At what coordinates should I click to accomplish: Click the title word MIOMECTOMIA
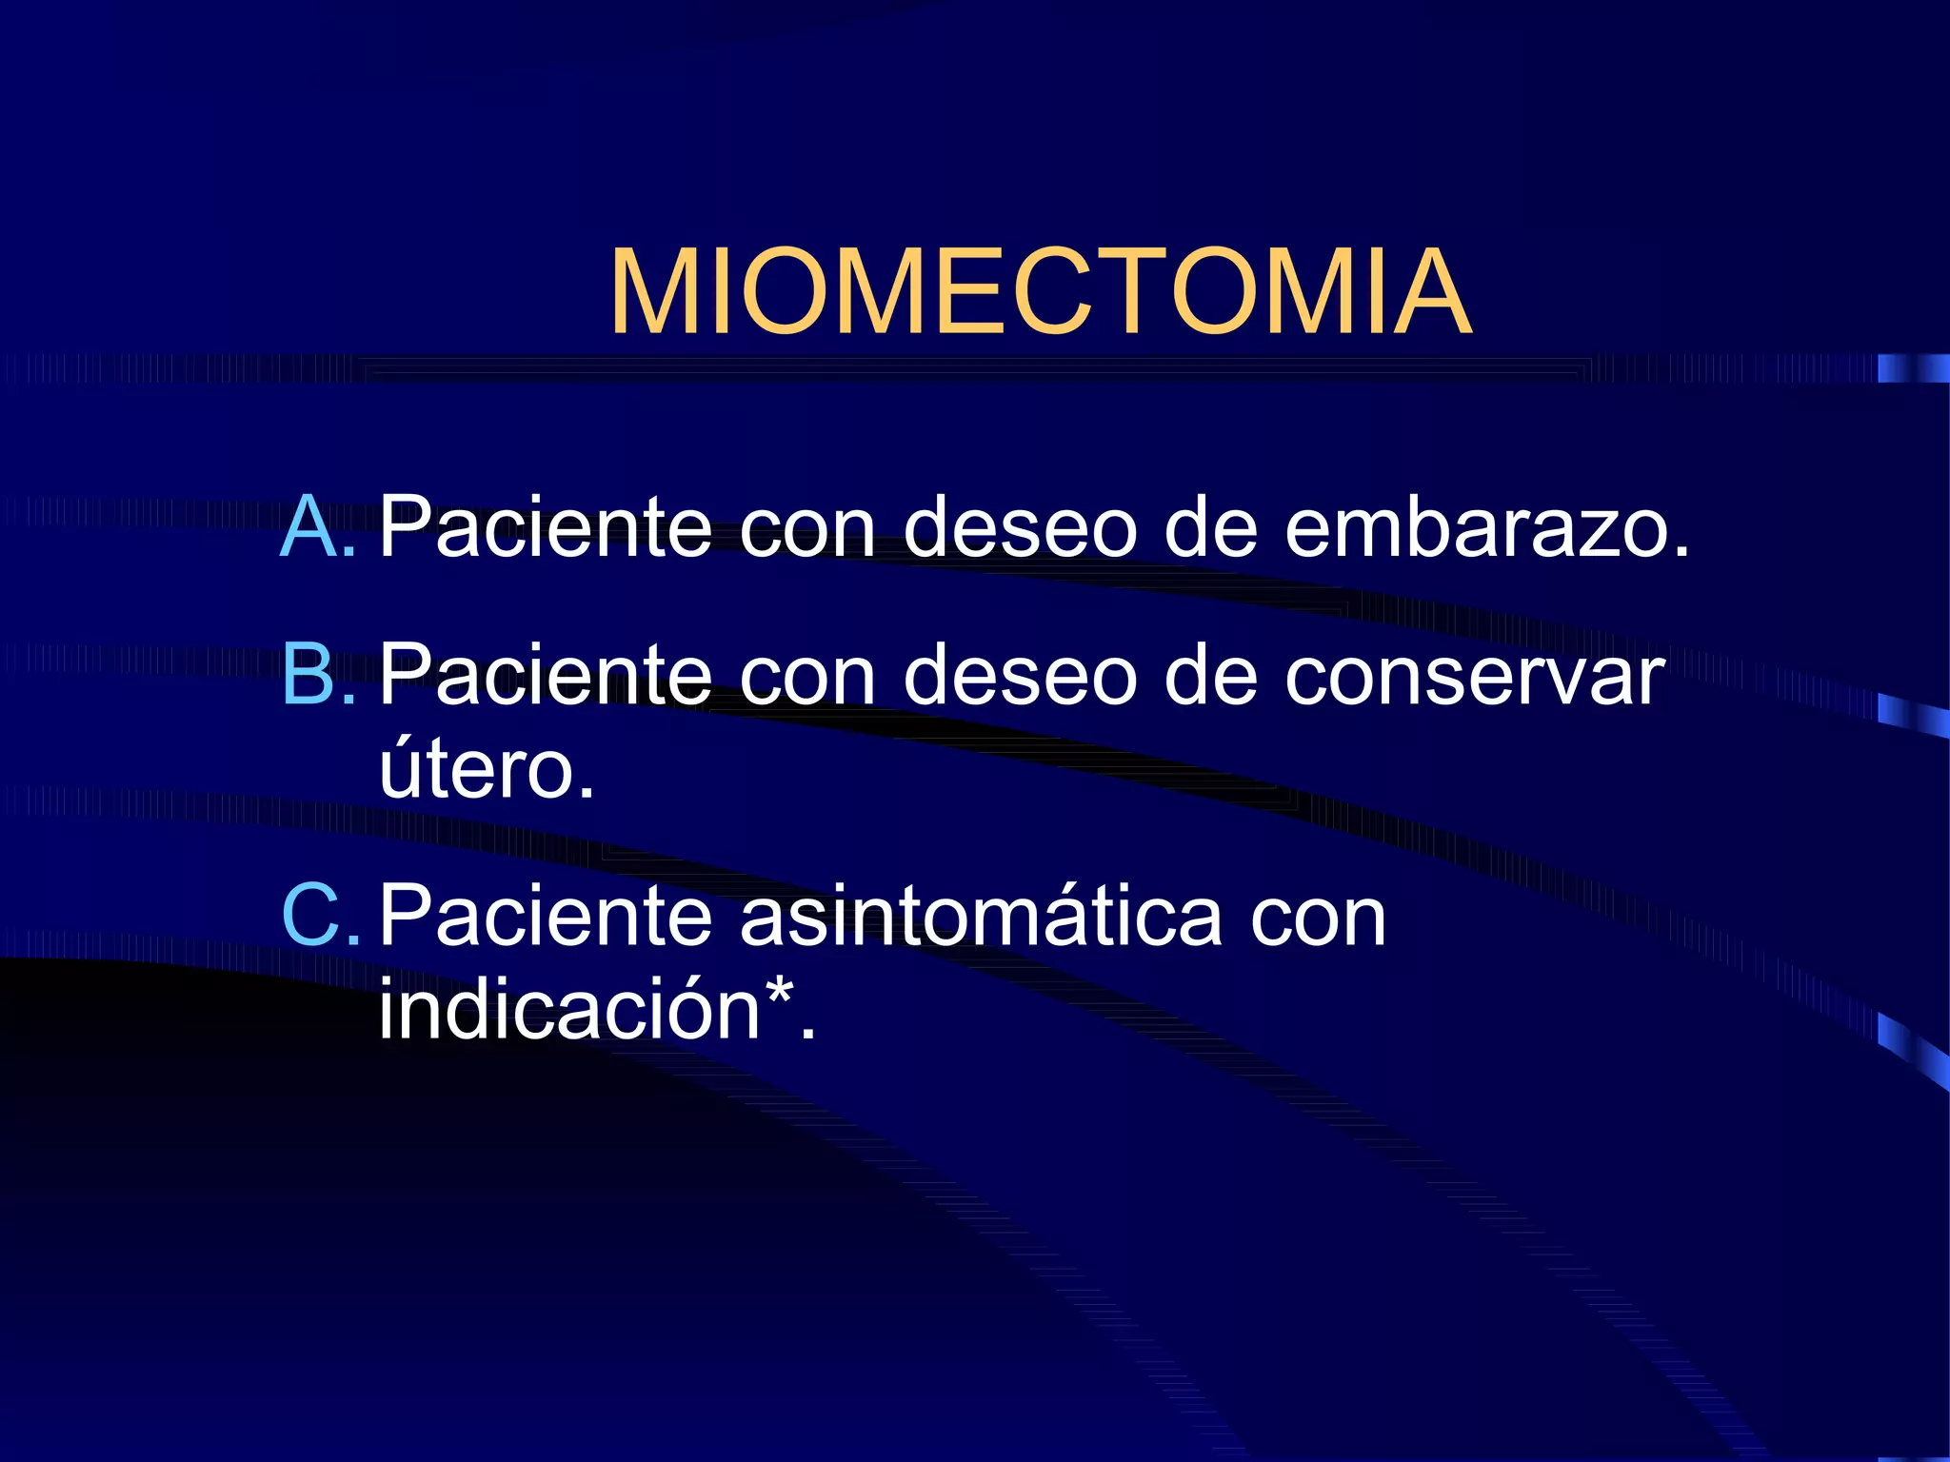[1041, 292]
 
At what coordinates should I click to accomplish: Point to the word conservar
[1475, 676]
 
